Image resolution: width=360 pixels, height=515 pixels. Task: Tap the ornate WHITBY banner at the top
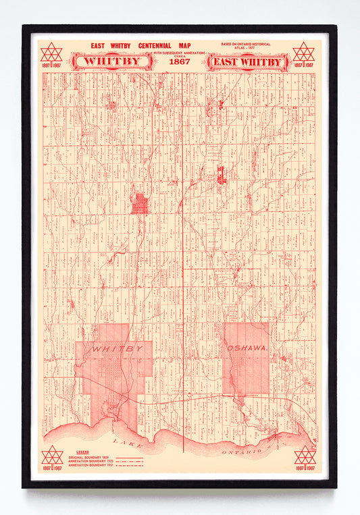[113, 61]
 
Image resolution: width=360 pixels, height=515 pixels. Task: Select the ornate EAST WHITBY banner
[247, 62]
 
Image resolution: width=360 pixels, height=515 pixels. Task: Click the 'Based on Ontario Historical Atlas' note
[246, 45]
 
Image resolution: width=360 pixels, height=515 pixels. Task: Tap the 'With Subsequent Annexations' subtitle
[180, 53]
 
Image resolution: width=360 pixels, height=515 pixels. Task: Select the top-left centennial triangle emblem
[51, 53]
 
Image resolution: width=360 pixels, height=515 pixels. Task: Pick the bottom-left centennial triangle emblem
[51, 456]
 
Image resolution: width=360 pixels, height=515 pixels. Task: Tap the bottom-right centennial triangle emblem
[305, 456]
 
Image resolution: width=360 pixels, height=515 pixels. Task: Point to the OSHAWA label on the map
[247, 347]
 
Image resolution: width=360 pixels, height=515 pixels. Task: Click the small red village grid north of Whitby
[139, 203]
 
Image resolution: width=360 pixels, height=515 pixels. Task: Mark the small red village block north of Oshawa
[221, 175]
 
